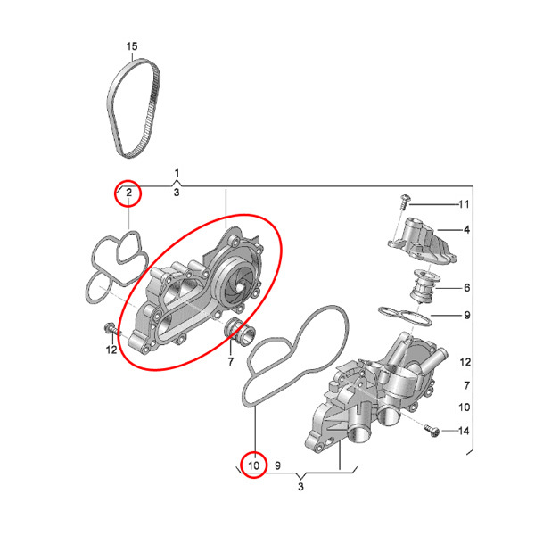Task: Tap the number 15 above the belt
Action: (x=132, y=46)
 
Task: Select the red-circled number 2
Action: (x=129, y=193)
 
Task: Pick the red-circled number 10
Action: (x=253, y=464)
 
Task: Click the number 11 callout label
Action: (x=463, y=204)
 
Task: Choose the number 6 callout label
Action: (x=465, y=288)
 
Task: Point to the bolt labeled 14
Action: (x=432, y=432)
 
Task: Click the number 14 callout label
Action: (x=464, y=432)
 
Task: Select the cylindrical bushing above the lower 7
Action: (x=240, y=331)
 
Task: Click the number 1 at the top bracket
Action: (x=177, y=172)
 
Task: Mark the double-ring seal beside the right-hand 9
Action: (x=403, y=315)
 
